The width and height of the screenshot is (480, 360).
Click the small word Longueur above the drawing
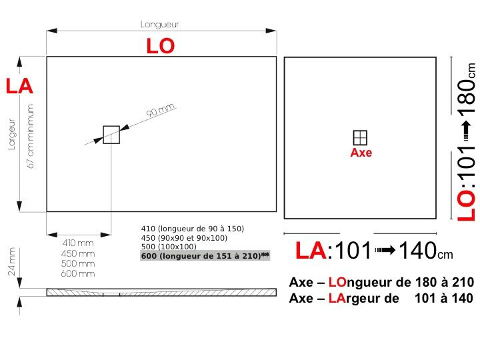click(159, 25)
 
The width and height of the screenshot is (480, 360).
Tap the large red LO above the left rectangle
click(160, 45)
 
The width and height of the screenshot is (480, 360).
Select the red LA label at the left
click(19, 86)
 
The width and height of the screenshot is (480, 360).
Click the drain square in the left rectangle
click(111, 135)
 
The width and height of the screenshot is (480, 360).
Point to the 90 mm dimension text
click(160, 111)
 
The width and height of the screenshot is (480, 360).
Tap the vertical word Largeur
click(11, 134)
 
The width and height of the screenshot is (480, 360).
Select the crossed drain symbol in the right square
click(360, 137)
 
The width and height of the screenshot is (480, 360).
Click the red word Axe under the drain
click(361, 153)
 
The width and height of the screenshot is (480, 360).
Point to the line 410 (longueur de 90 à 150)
click(193, 229)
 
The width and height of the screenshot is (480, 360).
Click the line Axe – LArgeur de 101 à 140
click(381, 298)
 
